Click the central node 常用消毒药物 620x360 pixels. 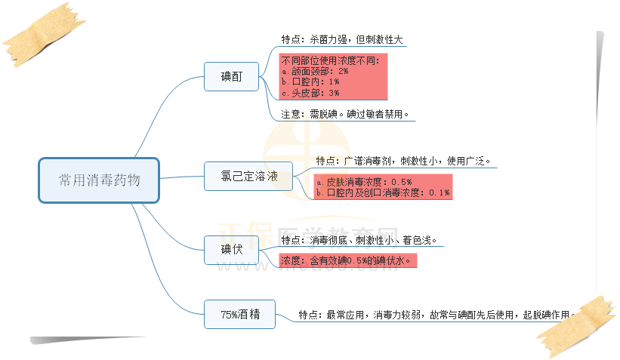(99, 180)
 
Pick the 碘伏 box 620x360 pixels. (232, 250)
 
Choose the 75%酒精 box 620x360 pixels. (240, 314)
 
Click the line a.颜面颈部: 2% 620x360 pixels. (314, 70)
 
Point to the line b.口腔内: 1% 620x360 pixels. (310, 82)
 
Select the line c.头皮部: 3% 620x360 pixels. (310, 93)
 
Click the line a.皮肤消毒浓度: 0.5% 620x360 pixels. (364, 182)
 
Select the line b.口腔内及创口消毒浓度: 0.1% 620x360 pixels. (383, 193)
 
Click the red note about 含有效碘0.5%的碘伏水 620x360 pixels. (348, 261)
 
